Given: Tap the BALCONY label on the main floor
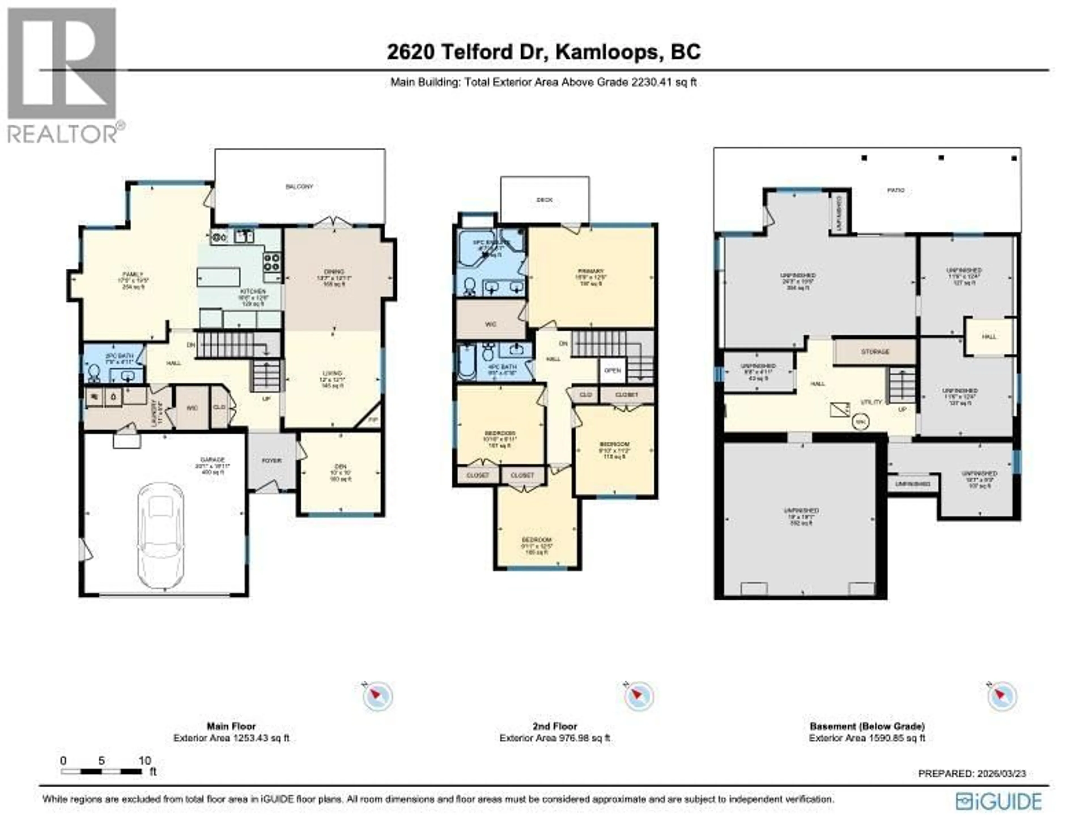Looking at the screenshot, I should tap(299, 187).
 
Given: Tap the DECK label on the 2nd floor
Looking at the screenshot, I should tap(545, 200).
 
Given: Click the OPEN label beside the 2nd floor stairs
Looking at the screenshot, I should tap(612, 371).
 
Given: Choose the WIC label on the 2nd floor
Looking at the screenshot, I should tap(491, 324).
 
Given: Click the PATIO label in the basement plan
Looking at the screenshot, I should tap(896, 190).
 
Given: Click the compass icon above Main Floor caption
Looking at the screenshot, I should tap(378, 696).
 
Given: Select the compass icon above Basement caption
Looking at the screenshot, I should tap(1002, 696).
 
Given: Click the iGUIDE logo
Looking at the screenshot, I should tap(998, 802).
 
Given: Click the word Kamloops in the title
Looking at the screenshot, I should tap(607, 52).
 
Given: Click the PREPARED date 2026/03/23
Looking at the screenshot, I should tap(994, 774).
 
